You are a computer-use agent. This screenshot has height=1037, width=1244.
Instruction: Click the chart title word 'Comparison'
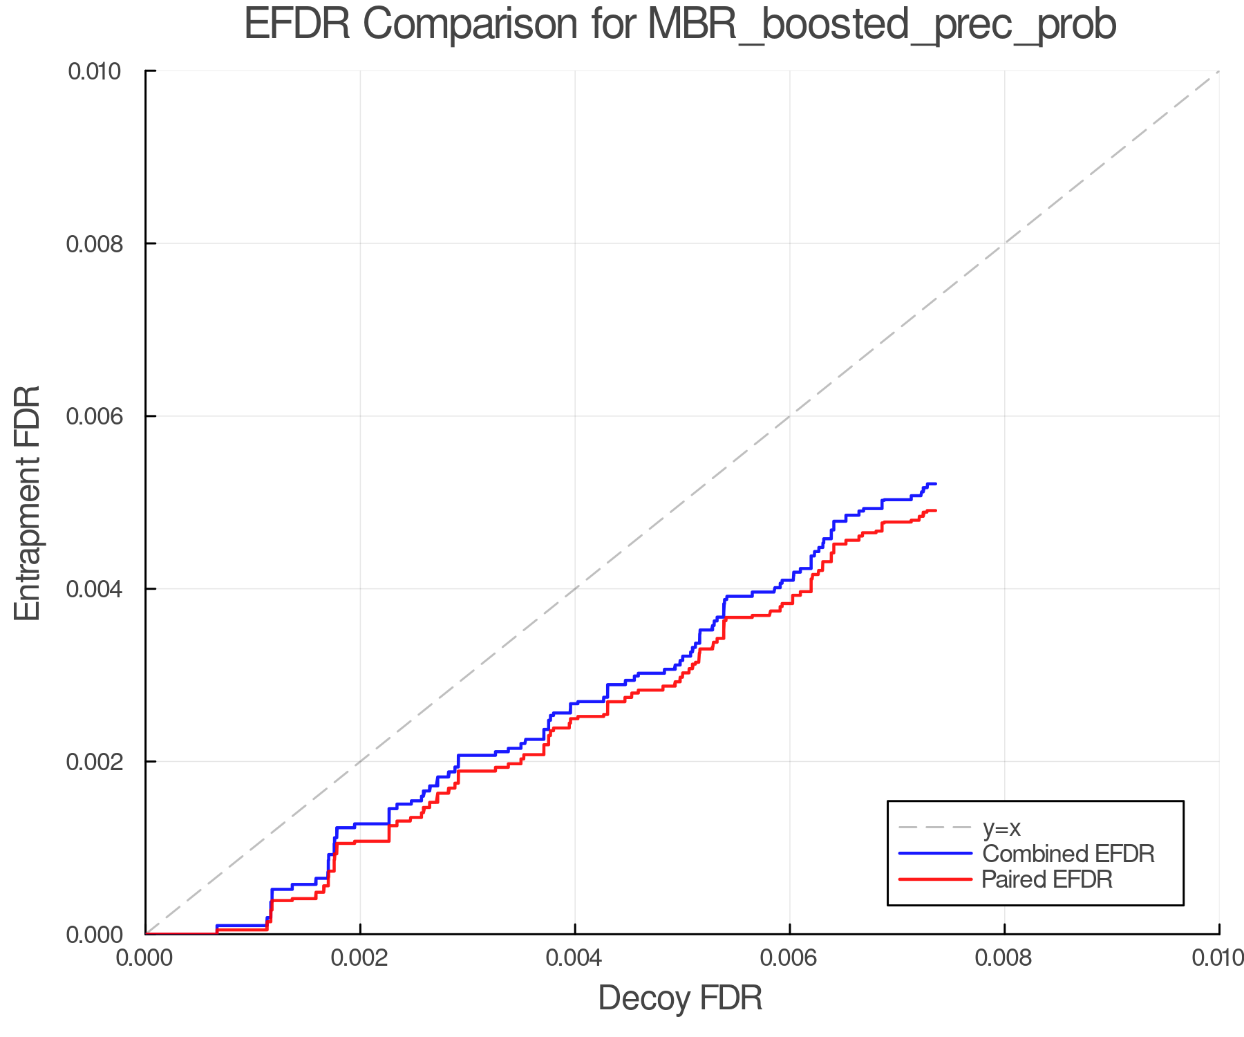[x=470, y=25]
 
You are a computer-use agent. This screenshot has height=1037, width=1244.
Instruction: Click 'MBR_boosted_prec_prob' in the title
[x=882, y=26]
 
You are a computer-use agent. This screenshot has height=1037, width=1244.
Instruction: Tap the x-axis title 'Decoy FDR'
[x=680, y=998]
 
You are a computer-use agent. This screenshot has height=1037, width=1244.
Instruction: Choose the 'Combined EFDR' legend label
[x=1068, y=854]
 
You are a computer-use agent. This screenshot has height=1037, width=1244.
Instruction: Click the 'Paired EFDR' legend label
[x=1047, y=879]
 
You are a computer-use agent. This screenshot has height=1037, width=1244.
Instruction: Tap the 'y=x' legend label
[x=1001, y=828]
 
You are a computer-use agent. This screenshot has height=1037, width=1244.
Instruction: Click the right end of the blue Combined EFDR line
[x=935, y=484]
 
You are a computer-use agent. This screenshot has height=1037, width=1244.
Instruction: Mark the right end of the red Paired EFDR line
[x=935, y=510]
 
